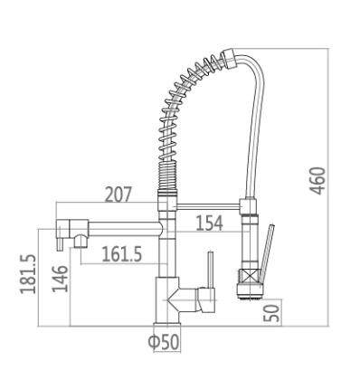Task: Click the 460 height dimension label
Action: pyautogui.click(x=318, y=181)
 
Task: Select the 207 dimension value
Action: pyautogui.click(x=118, y=195)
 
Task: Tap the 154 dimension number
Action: pyautogui.click(x=209, y=223)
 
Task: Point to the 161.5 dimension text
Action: pyautogui.click(x=121, y=254)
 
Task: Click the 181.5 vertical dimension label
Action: pyautogui.click(x=28, y=274)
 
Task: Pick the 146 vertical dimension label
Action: pyautogui.click(x=60, y=279)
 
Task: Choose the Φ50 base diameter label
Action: pyautogui.click(x=164, y=342)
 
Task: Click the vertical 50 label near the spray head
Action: pyautogui.click(x=271, y=313)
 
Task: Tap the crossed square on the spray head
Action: pyautogui.click(x=248, y=275)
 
